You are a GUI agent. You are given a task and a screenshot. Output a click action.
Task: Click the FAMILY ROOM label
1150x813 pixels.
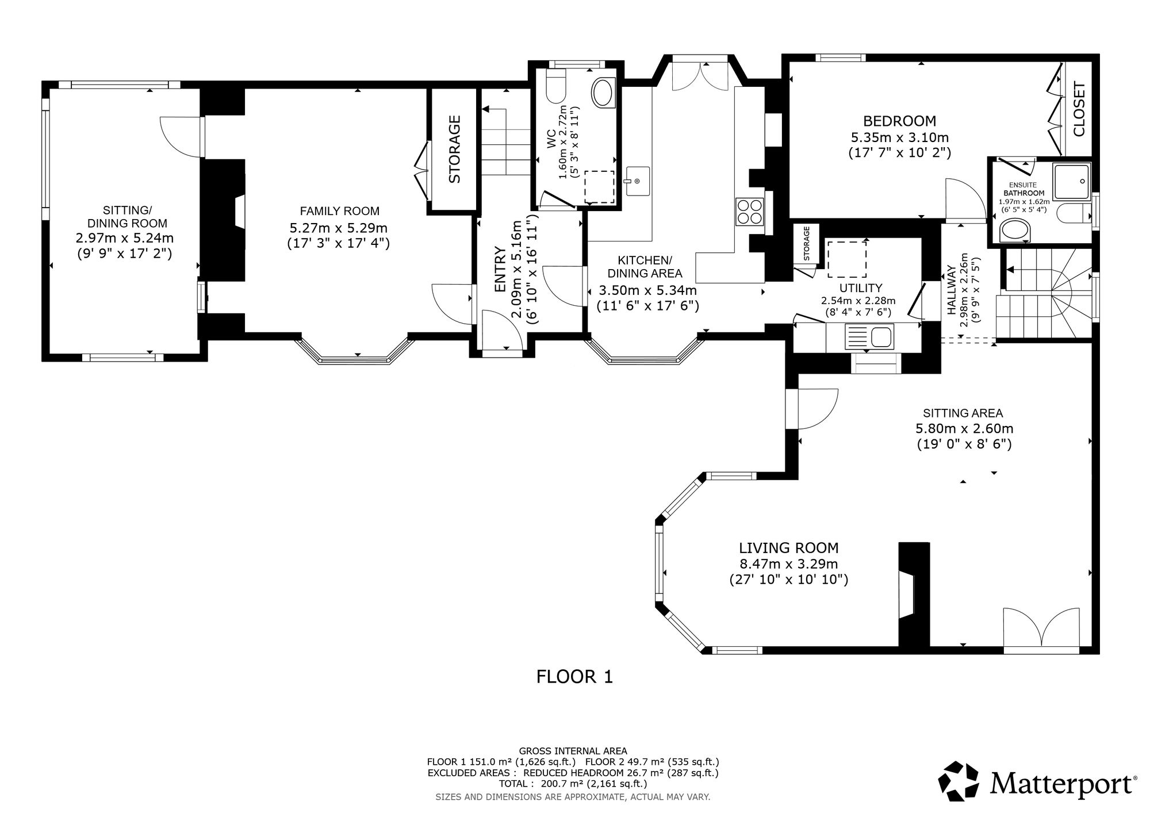(x=339, y=211)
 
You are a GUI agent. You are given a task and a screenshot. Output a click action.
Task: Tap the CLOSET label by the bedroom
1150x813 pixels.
(x=1079, y=109)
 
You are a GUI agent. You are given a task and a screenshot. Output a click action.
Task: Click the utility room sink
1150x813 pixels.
(x=869, y=336)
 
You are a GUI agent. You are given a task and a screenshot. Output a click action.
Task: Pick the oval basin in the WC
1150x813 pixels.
(x=603, y=93)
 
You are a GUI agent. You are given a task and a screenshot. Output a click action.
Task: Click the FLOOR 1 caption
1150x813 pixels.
(x=575, y=677)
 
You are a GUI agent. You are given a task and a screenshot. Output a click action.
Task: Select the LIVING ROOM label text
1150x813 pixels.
(x=789, y=548)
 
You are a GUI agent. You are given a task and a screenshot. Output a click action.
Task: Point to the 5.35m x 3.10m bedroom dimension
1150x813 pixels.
(x=900, y=137)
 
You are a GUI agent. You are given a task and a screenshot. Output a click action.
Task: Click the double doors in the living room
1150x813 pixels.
(x=1041, y=631)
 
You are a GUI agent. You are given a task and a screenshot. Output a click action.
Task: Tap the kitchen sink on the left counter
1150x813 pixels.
(x=637, y=181)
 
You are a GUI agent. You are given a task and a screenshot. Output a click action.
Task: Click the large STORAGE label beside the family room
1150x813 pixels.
(x=454, y=149)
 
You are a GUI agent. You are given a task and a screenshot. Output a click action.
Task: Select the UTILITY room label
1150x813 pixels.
(x=861, y=288)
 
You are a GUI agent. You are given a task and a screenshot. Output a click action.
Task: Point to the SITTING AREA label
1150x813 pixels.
(x=963, y=413)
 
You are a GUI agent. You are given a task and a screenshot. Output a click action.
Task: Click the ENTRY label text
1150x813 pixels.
(x=500, y=269)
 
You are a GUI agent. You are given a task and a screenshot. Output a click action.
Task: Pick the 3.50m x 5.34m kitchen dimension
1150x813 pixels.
(x=648, y=290)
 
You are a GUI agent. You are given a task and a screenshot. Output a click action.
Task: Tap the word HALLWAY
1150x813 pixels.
(x=952, y=290)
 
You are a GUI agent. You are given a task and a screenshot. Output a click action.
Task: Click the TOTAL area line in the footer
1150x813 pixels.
(x=574, y=783)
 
